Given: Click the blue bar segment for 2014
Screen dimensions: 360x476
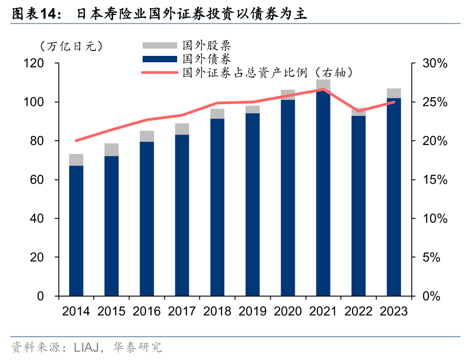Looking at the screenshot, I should coord(76,231).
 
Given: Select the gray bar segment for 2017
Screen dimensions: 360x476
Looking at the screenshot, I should coord(182,129).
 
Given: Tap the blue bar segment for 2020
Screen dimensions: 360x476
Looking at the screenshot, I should coord(288,198).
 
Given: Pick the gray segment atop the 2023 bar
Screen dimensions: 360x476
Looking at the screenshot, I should coord(394,93).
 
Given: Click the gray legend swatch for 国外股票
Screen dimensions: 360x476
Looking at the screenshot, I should coord(159,45).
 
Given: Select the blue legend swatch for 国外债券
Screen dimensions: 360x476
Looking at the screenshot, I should coord(159,59).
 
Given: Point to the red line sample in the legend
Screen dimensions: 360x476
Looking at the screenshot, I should coord(159,72).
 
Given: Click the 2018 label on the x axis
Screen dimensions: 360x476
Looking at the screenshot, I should coord(217,311).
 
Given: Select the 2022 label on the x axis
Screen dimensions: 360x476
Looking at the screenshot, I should coord(358,311).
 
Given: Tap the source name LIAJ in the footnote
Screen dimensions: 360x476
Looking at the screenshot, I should coord(86,348).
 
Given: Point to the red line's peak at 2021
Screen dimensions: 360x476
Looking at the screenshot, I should coord(323,89).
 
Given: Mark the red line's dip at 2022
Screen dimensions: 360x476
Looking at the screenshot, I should coord(358,111).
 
